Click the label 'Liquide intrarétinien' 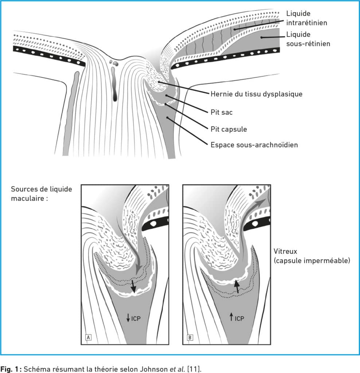click(x=306, y=18)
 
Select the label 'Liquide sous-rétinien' click(x=308, y=39)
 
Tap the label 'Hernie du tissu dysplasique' click(x=256, y=94)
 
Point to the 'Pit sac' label click(x=221, y=112)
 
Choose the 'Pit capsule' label click(x=228, y=129)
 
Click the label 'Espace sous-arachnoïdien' click(x=254, y=145)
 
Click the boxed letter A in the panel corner click(x=88, y=337)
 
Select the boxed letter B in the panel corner click(x=189, y=337)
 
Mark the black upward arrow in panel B click(x=236, y=286)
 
